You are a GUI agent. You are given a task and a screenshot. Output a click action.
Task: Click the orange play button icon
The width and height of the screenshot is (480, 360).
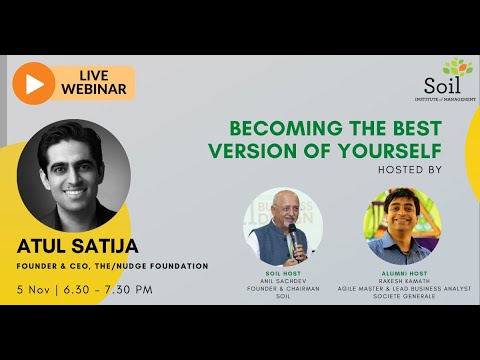pyautogui.click(x=33, y=85)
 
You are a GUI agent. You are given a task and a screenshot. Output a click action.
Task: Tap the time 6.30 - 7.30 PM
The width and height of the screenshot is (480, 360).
pyautogui.click(x=110, y=289)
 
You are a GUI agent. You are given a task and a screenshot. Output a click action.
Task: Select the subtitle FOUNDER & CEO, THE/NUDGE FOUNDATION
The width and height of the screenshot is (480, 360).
pyautogui.click(x=111, y=266)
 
